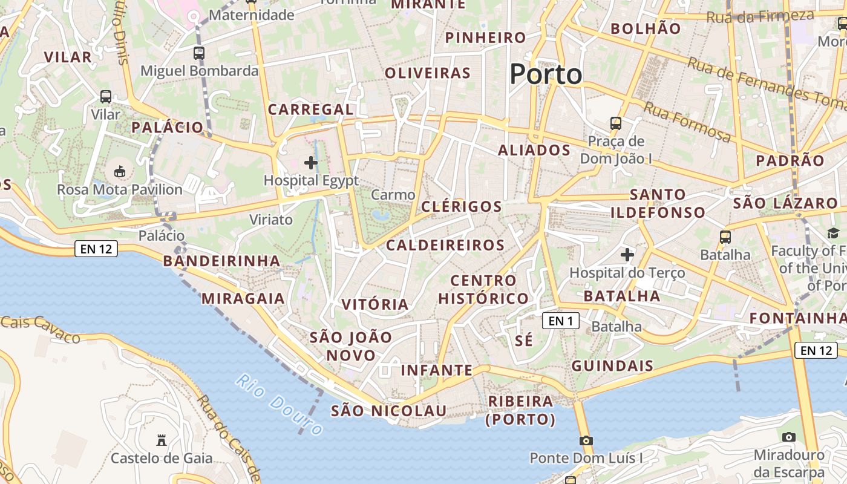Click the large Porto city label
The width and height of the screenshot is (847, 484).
click(546, 74)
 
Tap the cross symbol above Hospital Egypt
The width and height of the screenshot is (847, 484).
click(311, 162)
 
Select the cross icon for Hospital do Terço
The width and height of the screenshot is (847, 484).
click(627, 255)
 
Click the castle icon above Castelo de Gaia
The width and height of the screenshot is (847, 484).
click(161, 440)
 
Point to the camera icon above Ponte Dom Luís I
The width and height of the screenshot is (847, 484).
click(586, 440)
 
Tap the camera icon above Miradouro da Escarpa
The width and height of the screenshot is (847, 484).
click(788, 437)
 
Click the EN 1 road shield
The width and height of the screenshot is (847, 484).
click(561, 321)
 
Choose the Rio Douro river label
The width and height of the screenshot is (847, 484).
click(279, 405)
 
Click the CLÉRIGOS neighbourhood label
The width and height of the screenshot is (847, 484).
click(462, 206)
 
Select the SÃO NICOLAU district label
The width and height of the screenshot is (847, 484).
click(388, 411)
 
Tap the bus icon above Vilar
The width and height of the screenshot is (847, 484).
click(106, 96)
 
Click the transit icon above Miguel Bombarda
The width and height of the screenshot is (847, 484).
click(199, 53)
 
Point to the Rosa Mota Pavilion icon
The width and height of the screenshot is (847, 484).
click(120, 172)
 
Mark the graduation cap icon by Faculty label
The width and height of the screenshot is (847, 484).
click(833, 233)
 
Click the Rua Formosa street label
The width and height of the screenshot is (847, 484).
click(687, 122)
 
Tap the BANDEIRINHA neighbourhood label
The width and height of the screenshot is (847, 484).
click(221, 261)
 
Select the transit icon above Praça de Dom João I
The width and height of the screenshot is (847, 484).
click(616, 123)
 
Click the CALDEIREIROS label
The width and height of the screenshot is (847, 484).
click(445, 245)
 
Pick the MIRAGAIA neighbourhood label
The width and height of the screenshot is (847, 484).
click(243, 298)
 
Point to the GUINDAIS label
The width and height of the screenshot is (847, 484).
click(612, 365)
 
